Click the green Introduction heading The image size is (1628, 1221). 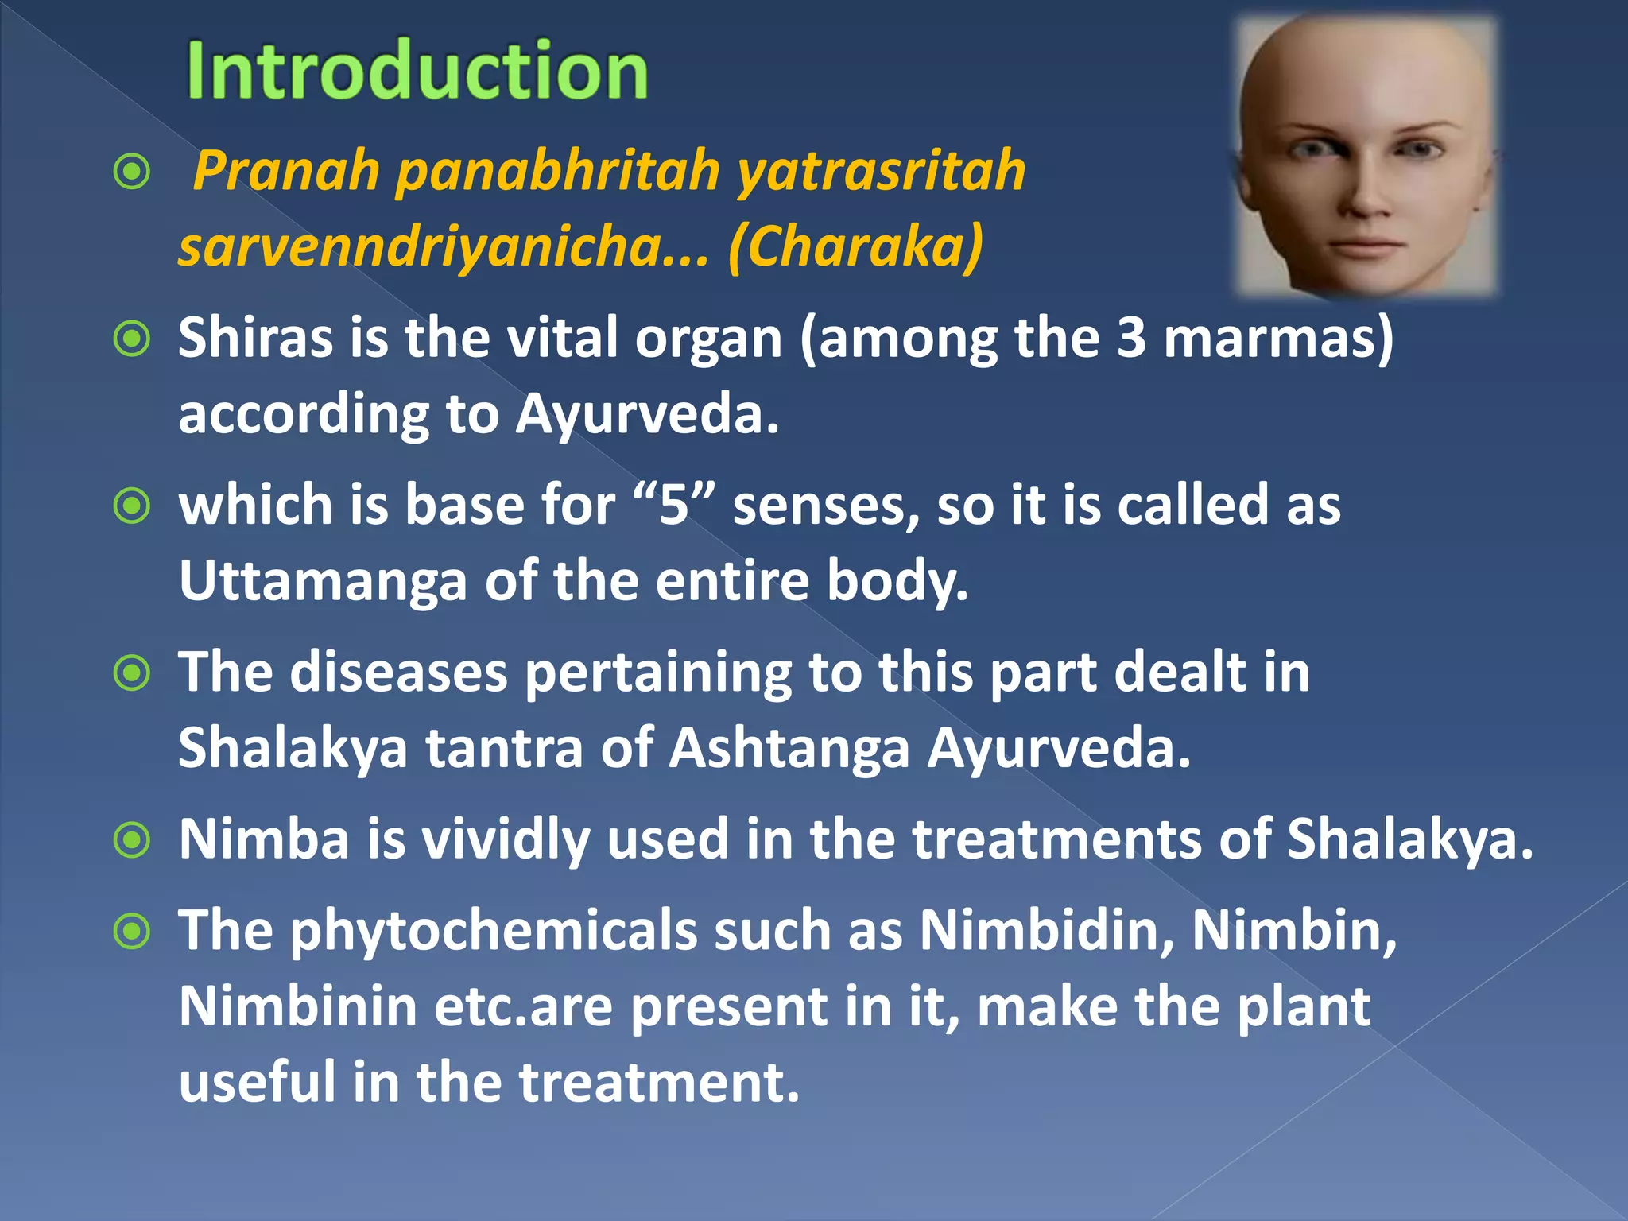pos(417,72)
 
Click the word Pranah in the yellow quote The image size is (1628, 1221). pos(286,171)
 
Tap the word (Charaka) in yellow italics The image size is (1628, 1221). pos(855,246)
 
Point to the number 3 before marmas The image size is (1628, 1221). pos(1130,338)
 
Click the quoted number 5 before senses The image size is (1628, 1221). pos(673,506)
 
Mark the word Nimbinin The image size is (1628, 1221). pos(297,1006)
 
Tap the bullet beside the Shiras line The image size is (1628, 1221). pos(132,339)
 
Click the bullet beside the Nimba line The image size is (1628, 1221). pos(132,840)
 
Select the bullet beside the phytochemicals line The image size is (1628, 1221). pos(132,931)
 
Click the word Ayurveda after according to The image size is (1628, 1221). pos(645,415)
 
